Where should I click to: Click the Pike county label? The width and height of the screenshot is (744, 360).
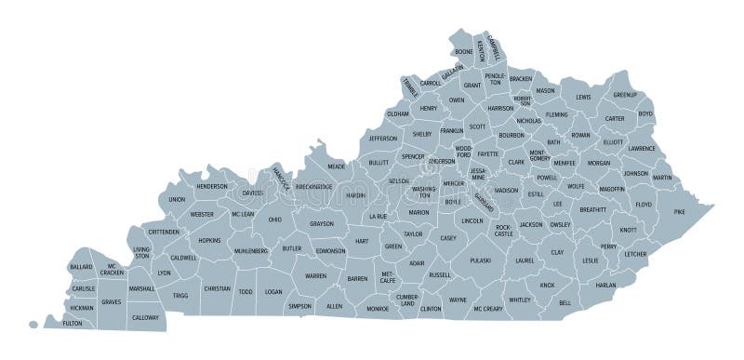click(680, 213)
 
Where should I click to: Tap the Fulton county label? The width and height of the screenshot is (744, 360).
click(72, 323)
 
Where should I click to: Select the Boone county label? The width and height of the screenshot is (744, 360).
click(463, 52)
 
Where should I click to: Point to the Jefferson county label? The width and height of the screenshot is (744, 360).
click(382, 139)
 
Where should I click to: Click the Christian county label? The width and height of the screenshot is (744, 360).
click(217, 288)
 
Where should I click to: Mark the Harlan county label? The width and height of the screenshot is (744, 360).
click(605, 285)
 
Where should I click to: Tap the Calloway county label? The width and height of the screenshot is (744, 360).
click(144, 317)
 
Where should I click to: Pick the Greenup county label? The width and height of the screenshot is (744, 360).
click(624, 95)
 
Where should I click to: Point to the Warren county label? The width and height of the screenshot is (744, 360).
click(315, 276)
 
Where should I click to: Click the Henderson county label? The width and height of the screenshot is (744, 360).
click(211, 185)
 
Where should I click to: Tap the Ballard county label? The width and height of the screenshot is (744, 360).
click(81, 267)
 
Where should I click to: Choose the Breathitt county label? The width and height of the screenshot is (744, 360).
click(592, 210)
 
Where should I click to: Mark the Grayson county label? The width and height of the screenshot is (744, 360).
click(321, 223)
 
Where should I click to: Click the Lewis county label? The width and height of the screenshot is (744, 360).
click(583, 97)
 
